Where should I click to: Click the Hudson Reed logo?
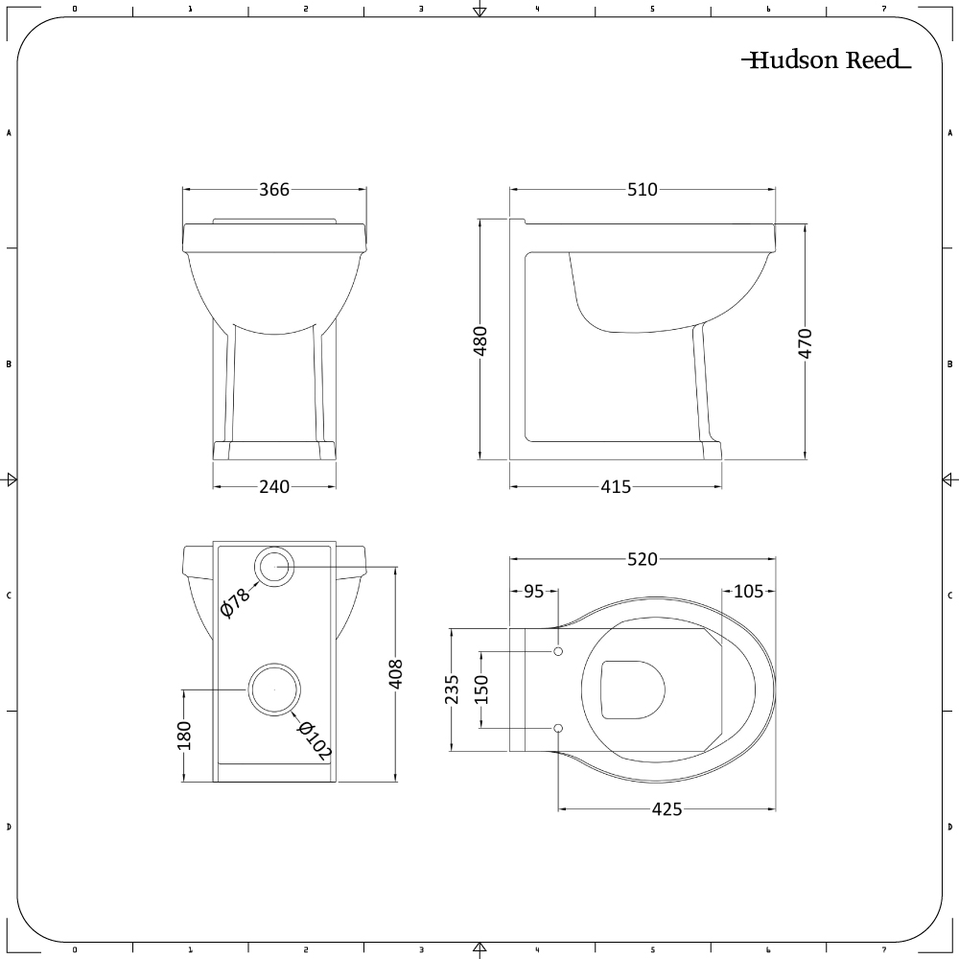(826, 60)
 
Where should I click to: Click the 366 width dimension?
(274, 190)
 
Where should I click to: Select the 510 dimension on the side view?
(642, 190)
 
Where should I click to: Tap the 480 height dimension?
(481, 340)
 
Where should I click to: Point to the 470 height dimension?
(805, 342)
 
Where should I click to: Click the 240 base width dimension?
(274, 487)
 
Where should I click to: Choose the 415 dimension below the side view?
(616, 487)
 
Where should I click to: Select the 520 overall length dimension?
(642, 560)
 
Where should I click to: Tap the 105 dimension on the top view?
(748, 592)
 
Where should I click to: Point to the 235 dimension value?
(453, 690)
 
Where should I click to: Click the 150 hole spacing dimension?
(481, 690)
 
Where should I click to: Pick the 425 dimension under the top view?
(667, 809)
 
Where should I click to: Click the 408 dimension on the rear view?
(397, 673)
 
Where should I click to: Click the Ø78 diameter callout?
(235, 601)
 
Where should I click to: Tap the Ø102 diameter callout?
(314, 741)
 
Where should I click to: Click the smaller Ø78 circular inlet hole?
(275, 566)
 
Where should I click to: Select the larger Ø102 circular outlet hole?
(274, 690)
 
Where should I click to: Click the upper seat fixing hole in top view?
(558, 652)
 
